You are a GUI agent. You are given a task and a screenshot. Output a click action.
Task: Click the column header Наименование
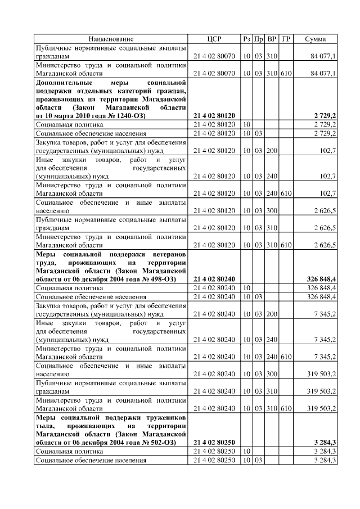pyautogui.click(x=110, y=39)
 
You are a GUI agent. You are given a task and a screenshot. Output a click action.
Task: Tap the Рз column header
pyautogui.click(x=246, y=39)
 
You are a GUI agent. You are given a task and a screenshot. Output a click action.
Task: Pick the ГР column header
pyautogui.click(x=286, y=39)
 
